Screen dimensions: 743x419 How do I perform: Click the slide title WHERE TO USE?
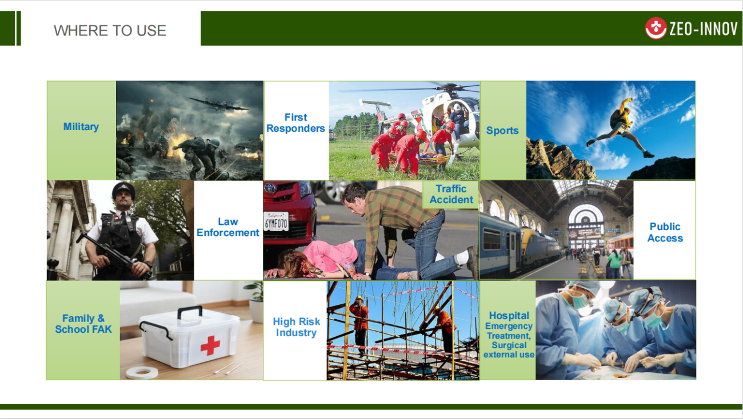click(110, 30)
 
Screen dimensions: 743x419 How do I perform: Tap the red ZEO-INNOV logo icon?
click(656, 28)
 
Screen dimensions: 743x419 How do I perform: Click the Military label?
click(81, 127)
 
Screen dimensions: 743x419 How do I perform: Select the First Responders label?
click(295, 123)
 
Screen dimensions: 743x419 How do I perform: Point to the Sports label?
click(502, 131)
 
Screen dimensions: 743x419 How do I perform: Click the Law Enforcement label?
click(228, 227)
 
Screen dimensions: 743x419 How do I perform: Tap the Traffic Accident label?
click(451, 194)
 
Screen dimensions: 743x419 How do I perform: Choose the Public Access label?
click(665, 232)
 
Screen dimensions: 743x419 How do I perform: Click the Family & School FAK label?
click(83, 324)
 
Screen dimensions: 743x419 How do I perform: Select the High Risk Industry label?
click(296, 327)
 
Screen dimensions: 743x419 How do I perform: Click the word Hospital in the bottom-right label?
click(509, 315)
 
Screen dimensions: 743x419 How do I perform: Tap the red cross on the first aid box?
click(210, 345)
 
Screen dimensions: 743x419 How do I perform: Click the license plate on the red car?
click(276, 221)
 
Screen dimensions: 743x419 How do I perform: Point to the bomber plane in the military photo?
click(219, 104)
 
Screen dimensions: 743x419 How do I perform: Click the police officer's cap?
click(123, 190)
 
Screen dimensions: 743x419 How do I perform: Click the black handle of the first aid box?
click(190, 311)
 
